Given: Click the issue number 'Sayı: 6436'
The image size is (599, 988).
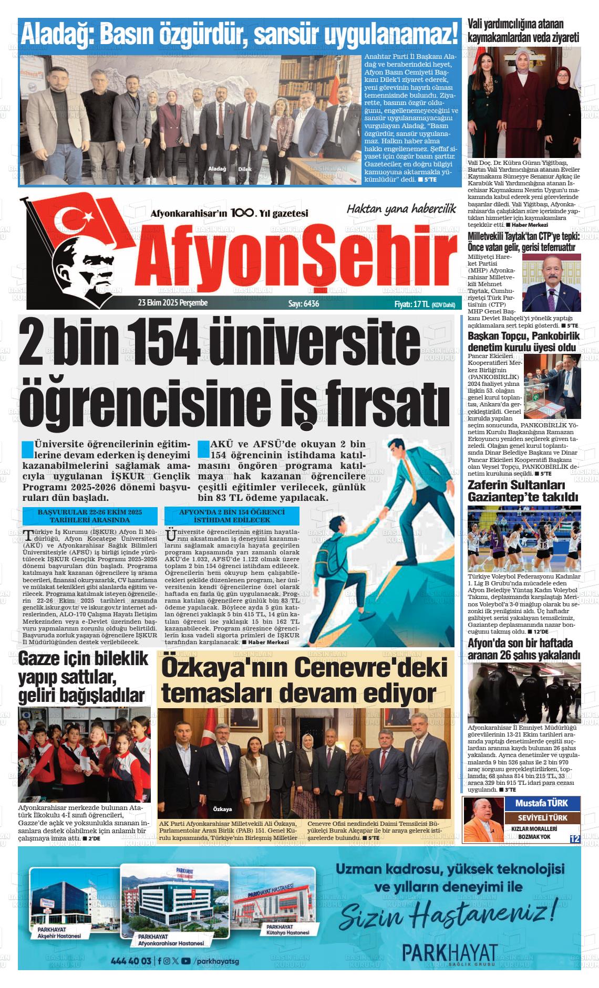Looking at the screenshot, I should pos(303,303).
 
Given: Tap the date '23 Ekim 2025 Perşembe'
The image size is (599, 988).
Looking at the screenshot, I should pos(173,303).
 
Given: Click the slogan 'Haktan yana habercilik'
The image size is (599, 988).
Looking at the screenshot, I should pos(401,209).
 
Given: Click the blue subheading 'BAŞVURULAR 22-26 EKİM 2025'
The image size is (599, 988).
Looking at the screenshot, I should pos(90,512).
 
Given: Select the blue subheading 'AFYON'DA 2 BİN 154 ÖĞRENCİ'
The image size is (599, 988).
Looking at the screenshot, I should pos(232,512).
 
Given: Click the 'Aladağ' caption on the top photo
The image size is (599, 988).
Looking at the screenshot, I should pos(217,169).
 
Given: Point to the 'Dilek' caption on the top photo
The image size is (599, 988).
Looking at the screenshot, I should pos(245,169).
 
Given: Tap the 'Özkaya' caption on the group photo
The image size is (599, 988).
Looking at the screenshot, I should pos(223,809).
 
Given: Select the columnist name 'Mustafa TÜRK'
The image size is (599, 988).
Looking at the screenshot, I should pos(541,803).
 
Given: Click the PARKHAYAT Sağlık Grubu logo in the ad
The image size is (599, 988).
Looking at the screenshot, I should pos(449,951).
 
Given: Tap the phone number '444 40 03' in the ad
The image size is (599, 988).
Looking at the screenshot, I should pos(131,961).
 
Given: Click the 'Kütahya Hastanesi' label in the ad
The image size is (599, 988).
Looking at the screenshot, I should pos(287,932).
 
